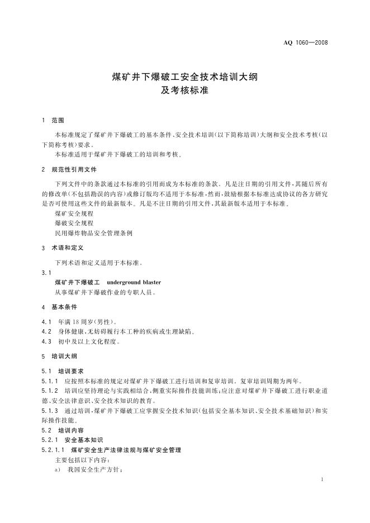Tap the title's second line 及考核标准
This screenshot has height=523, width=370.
[x=184, y=91]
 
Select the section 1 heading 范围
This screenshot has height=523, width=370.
[x=58, y=120]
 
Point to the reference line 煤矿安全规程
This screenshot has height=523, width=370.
[x=74, y=213]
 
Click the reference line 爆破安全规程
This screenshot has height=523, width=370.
[x=74, y=223]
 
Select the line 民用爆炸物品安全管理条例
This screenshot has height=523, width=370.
[x=93, y=233]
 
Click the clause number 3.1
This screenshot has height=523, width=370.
[x=46, y=273]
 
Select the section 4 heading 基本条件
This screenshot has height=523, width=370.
[x=64, y=307]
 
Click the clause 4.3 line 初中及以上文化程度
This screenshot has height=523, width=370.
[x=88, y=341]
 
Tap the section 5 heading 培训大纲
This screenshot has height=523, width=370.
[x=64, y=356]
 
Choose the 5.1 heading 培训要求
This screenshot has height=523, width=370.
[x=70, y=370]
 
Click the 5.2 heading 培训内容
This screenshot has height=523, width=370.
[x=70, y=430]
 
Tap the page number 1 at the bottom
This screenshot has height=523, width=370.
[x=324, y=480]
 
